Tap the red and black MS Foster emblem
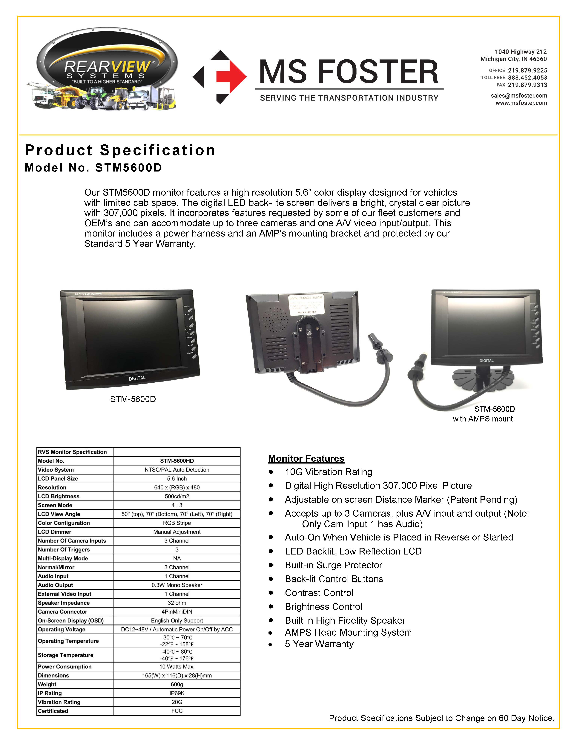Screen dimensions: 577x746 (x=220, y=77)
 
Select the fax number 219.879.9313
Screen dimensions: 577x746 (x=527, y=85)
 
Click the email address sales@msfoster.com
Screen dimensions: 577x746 (x=519, y=96)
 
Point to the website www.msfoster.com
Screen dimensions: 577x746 (x=521, y=103)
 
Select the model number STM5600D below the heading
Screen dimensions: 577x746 (x=128, y=168)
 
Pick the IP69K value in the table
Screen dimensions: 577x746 (x=177, y=693)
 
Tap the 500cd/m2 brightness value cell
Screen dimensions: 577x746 (x=177, y=496)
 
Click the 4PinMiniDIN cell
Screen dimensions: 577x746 (x=177, y=612)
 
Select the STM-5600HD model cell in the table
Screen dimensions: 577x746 (x=177, y=461)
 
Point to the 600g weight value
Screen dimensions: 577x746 (x=177, y=684)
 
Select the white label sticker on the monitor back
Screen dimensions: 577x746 (x=306, y=305)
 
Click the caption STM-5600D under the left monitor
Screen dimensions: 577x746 (x=133, y=399)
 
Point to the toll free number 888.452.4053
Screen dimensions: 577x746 (x=527, y=78)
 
